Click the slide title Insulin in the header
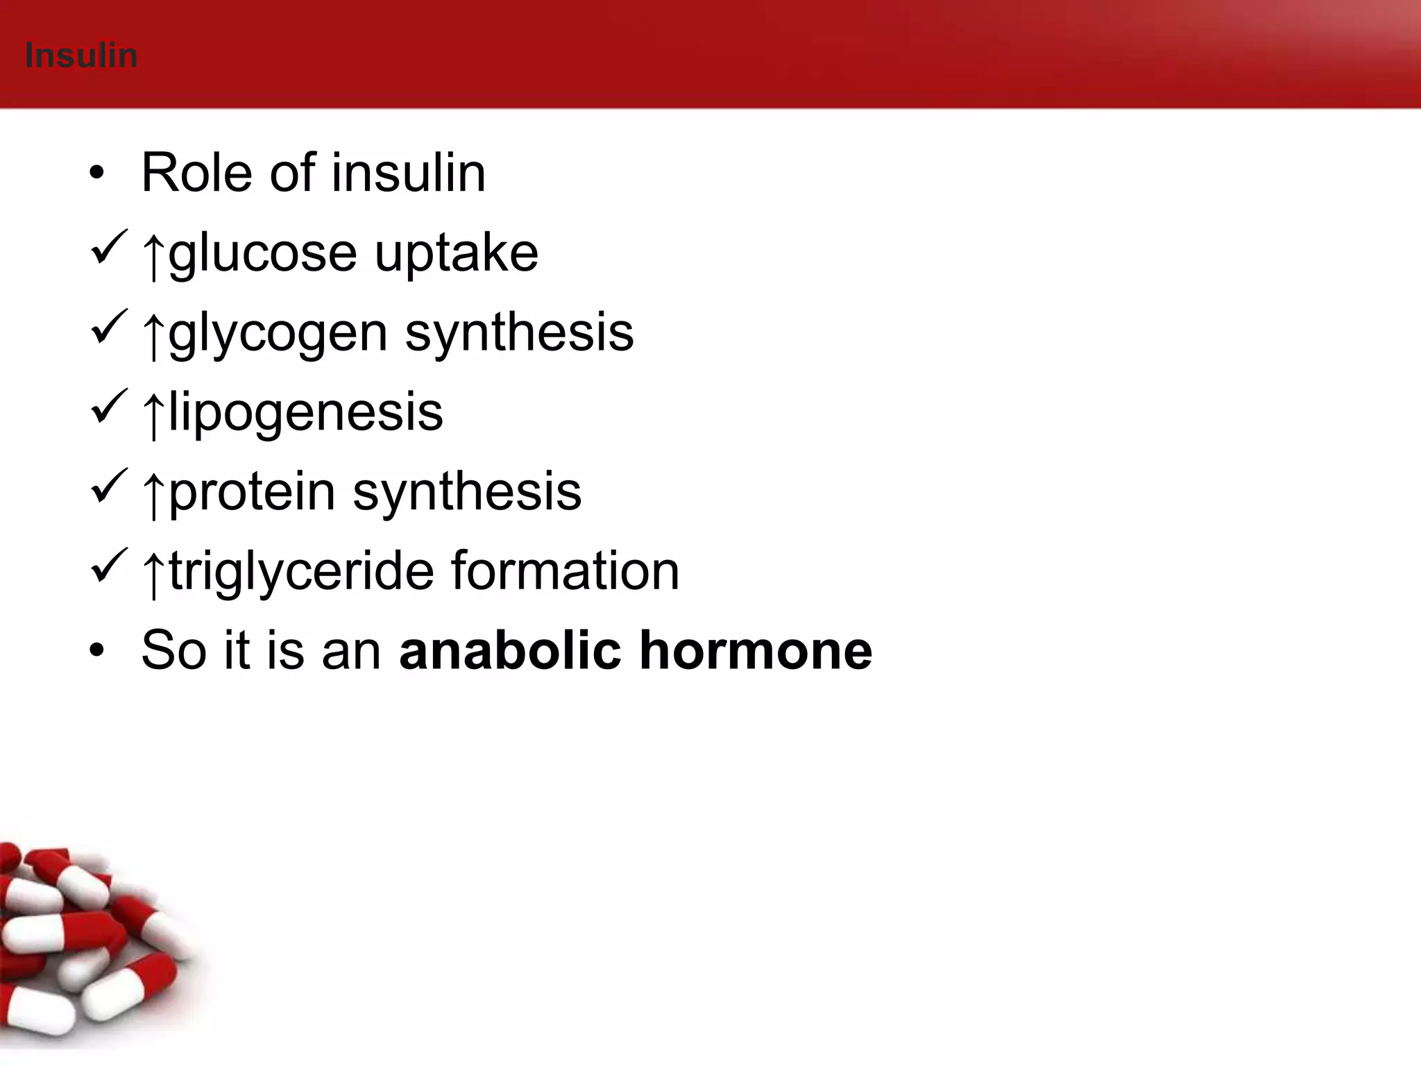[x=81, y=56]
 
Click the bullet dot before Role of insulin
[x=96, y=173]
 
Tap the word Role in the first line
[x=196, y=173]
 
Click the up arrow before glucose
[x=153, y=255]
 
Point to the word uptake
[x=456, y=253]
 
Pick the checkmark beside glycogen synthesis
[x=109, y=327]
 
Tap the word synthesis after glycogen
[x=519, y=333]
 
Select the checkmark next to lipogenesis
[x=109, y=407]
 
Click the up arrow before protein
[x=153, y=494]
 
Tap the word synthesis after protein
[x=466, y=491]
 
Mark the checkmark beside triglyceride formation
[x=109, y=566]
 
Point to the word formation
[x=565, y=571]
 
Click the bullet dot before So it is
[x=96, y=651]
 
